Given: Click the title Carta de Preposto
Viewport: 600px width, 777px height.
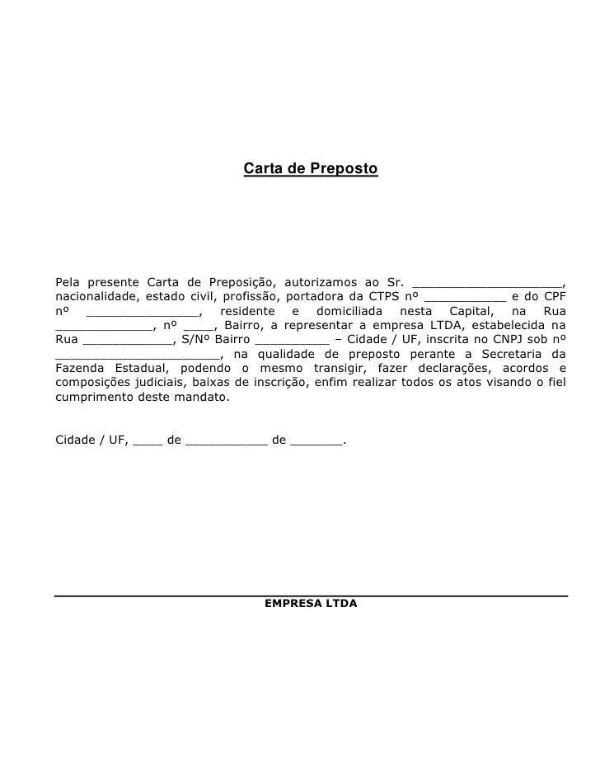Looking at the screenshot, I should [310, 169].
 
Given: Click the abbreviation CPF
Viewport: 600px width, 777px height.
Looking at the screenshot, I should [553, 296].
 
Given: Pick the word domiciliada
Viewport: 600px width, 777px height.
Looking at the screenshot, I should [345, 311].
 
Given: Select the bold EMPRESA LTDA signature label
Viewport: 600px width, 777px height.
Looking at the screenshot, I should [311, 604].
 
